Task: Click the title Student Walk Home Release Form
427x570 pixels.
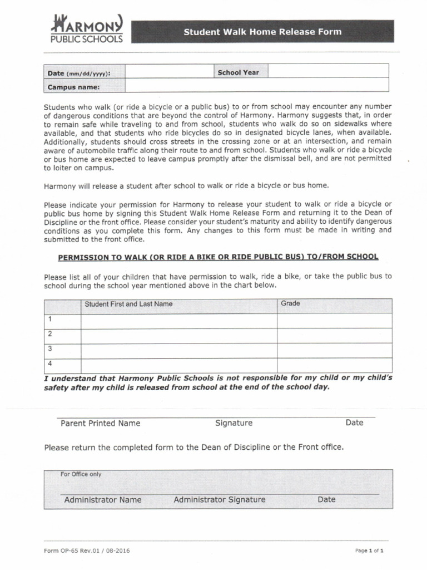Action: (x=262, y=32)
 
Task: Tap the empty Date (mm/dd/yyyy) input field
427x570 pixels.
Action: (x=170, y=72)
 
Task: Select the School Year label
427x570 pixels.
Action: (x=238, y=72)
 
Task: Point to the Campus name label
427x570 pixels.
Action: (x=74, y=87)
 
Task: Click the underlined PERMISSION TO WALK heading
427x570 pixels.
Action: (x=219, y=257)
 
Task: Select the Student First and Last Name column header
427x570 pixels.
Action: (x=128, y=304)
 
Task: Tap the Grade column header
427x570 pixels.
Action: (x=290, y=303)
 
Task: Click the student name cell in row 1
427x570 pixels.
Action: (x=179, y=321)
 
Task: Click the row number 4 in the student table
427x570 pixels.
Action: (x=50, y=363)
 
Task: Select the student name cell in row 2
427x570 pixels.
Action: (x=179, y=336)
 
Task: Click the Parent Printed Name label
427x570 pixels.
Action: (x=100, y=423)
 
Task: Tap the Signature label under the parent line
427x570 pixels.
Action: (x=234, y=423)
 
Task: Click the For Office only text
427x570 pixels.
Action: (x=81, y=474)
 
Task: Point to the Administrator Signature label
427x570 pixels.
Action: (x=219, y=500)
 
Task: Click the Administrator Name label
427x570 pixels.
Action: (x=103, y=500)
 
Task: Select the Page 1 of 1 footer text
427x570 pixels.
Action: (x=369, y=551)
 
